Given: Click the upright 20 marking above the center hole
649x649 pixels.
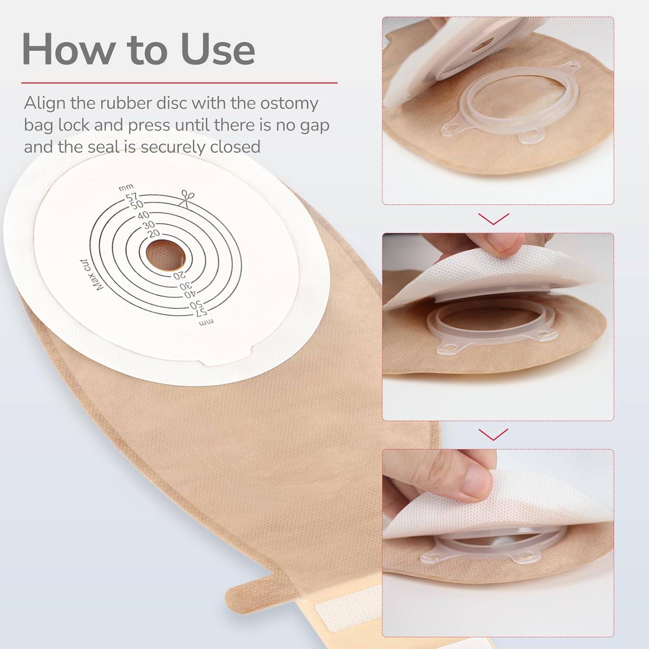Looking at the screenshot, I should point(154,233).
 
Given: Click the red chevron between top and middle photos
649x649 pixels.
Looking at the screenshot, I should point(494,219).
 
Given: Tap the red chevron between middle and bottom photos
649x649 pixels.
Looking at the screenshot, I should point(494,434).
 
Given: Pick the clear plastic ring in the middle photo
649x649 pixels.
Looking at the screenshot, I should point(489,324).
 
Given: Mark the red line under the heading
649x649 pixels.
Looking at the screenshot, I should point(179,82).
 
